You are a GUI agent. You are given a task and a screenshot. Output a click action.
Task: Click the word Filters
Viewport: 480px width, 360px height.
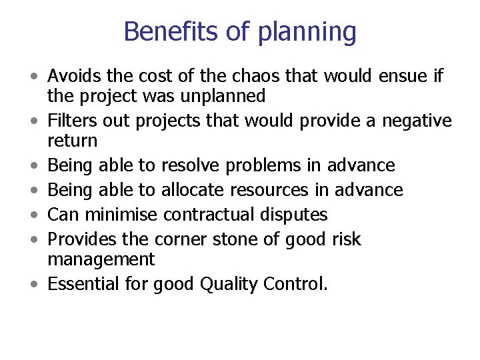point(73,121)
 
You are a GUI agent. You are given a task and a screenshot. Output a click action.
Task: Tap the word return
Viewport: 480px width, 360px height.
point(72,141)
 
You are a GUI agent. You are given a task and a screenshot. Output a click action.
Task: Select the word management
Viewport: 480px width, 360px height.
point(101,260)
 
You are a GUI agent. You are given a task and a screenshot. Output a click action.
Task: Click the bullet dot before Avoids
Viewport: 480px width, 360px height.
point(33,77)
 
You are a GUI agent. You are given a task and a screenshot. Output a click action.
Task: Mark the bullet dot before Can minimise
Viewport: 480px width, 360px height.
point(33,215)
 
